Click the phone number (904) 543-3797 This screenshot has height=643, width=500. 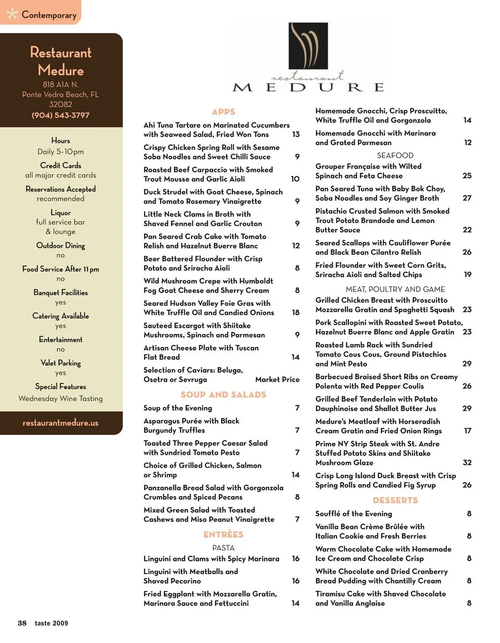[x=60, y=115]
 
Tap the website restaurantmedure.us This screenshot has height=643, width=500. [x=60, y=423]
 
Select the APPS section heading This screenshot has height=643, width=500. [x=223, y=112]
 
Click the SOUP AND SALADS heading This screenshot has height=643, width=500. [x=223, y=394]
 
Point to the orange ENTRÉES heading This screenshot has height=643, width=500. [x=223, y=534]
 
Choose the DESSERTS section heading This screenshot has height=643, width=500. [x=395, y=500]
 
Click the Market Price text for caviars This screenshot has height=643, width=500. [x=277, y=379]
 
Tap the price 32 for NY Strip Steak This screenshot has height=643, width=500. [x=467, y=462]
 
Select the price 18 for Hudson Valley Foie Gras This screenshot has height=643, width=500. [x=295, y=312]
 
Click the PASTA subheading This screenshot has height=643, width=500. [x=223, y=548]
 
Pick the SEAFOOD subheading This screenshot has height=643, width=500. [x=395, y=155]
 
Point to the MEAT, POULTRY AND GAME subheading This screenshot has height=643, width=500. [x=395, y=289]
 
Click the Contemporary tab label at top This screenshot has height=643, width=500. [x=48, y=15]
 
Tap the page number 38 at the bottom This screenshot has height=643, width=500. [x=22, y=623]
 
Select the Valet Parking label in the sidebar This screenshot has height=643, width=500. [x=60, y=363]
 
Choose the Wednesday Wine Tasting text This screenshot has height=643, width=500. [x=60, y=398]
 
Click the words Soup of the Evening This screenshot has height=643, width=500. [x=178, y=407]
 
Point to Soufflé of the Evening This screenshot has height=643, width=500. [x=354, y=513]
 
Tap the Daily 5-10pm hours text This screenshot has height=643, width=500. [x=60, y=152]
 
